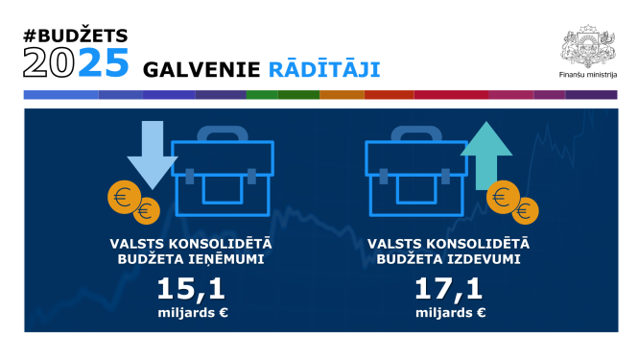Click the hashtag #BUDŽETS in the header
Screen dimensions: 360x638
coord(75,36)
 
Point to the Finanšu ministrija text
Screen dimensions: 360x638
coord(587,73)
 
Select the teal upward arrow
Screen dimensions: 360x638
coord(486,155)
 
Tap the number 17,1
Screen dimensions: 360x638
coord(450,289)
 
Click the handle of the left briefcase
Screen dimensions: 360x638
coord(222,134)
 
